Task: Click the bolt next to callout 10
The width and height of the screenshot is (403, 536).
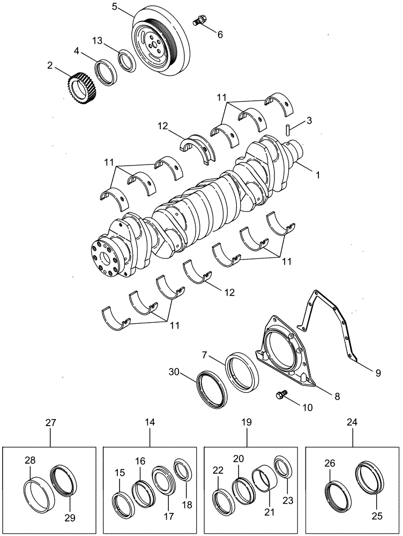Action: [x=280, y=396]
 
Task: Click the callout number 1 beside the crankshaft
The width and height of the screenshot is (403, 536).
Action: [x=318, y=175]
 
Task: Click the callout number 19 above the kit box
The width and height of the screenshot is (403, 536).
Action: [x=246, y=423]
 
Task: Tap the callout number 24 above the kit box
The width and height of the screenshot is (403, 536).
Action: [x=353, y=423]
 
